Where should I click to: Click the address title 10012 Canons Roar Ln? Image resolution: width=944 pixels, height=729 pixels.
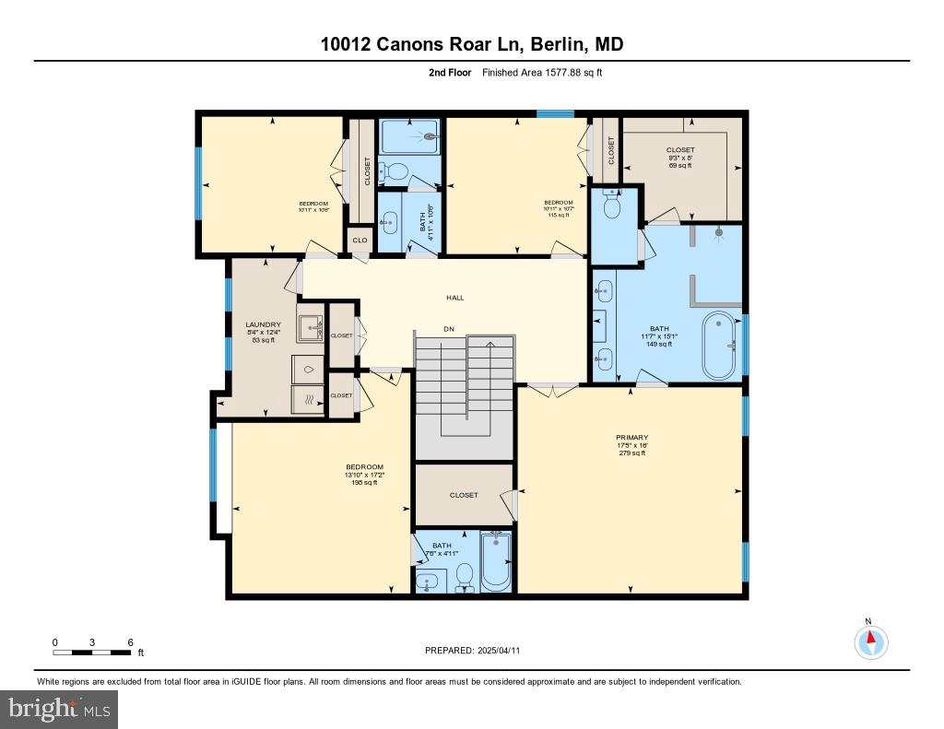[x=472, y=43]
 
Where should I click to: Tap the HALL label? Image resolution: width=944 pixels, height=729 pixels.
[x=454, y=298]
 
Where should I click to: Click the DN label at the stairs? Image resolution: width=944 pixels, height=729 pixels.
[x=449, y=328]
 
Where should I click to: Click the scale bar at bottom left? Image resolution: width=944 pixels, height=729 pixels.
[x=92, y=653]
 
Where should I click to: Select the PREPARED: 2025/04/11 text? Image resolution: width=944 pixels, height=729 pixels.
[x=472, y=651]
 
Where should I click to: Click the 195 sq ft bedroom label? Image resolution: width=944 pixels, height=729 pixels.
[x=364, y=475]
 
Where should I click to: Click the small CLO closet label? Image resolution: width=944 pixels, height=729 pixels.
[x=360, y=241]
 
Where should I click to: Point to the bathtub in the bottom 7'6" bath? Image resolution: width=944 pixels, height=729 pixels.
[x=496, y=562]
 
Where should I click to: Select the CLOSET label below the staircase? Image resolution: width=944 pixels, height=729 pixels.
[x=464, y=495]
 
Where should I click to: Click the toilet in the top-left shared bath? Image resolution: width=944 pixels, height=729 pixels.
[x=396, y=170]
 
